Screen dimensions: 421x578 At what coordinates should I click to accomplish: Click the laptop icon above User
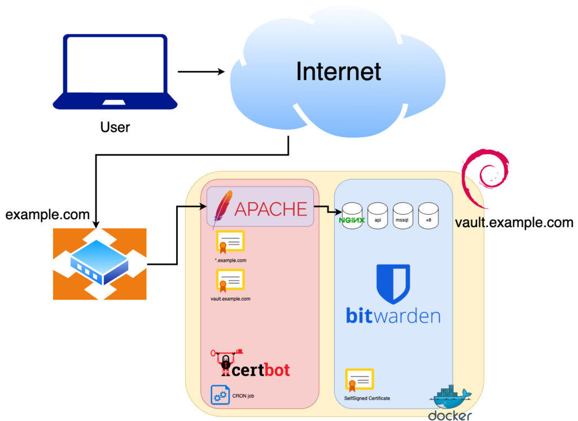[115, 72]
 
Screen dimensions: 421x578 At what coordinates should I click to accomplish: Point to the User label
[115, 127]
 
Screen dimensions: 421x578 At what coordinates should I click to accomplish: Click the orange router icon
[99, 263]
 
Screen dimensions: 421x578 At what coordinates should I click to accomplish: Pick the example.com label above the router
[47, 215]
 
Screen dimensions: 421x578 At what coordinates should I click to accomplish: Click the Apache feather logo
[224, 209]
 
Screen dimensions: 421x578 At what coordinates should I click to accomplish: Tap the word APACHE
[270, 209]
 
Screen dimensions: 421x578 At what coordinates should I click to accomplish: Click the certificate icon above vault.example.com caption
[229, 280]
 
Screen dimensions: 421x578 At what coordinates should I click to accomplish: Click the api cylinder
[378, 216]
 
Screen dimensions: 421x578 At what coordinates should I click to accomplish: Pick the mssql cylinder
[403, 216]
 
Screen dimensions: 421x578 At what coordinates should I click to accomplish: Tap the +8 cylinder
[428, 216]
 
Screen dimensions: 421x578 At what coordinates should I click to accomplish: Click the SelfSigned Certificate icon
[359, 381]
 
